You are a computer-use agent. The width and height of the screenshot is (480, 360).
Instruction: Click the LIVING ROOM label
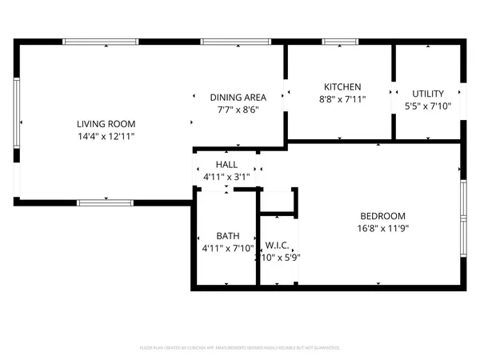click(106, 124)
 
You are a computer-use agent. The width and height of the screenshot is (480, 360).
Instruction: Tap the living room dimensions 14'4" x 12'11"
click(106, 137)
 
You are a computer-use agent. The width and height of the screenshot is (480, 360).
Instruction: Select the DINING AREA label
click(238, 97)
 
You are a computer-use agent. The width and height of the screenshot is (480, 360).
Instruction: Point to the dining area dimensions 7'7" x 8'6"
click(238, 110)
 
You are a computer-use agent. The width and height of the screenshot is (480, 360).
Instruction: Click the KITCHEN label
click(342, 87)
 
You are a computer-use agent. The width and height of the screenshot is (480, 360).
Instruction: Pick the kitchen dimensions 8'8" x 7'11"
click(342, 100)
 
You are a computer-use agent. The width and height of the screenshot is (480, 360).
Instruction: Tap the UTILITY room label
click(428, 94)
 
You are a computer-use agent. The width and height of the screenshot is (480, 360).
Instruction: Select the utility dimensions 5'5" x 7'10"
click(428, 106)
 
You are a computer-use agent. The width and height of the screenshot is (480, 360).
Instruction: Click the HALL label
click(226, 164)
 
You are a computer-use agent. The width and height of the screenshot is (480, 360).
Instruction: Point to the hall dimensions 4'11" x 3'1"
click(226, 177)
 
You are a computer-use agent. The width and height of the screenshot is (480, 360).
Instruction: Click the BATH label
click(227, 236)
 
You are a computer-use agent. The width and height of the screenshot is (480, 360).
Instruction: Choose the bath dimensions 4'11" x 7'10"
click(227, 249)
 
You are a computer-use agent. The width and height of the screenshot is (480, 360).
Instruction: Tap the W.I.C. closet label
click(277, 245)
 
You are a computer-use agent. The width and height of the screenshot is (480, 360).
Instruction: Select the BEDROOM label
click(382, 216)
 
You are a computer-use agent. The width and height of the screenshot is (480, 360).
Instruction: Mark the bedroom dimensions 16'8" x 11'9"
click(382, 229)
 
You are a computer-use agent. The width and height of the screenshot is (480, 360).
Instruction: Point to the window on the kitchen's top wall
click(340, 42)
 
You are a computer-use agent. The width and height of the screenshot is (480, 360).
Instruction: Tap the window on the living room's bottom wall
click(105, 202)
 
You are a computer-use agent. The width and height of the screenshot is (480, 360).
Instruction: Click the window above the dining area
click(228, 42)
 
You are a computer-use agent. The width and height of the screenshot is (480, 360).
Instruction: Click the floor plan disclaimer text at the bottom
click(240, 348)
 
